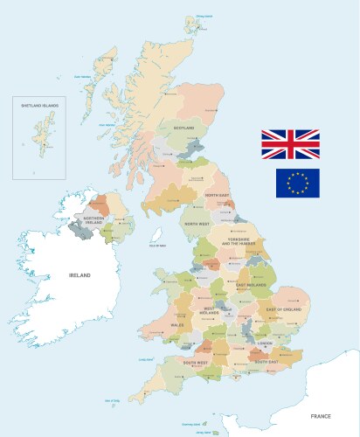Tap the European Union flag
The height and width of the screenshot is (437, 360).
coord(298,183)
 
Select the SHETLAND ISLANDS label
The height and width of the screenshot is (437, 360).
coord(40,106)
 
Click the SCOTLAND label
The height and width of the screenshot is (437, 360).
coord(183,128)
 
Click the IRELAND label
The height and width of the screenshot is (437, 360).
coord(80,275)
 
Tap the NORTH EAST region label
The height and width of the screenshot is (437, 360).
coord(217,195)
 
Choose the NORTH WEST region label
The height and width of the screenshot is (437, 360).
coord(197,224)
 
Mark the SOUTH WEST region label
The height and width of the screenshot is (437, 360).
coord(196,361)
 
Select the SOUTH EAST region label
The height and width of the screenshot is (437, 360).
coord(267,361)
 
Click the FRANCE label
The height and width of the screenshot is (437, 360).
coord(320,404)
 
